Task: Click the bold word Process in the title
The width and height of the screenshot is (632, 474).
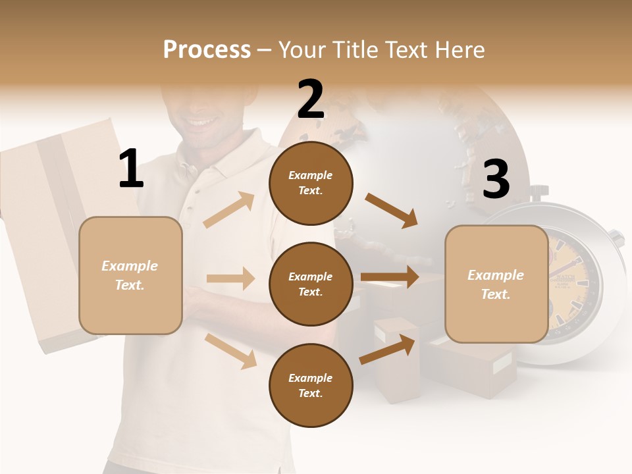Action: click(207, 49)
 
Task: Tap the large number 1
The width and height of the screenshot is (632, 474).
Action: click(131, 169)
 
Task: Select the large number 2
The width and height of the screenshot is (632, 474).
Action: click(311, 99)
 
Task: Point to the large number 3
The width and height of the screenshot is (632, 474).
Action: click(496, 179)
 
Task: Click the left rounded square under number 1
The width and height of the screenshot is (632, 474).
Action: click(130, 275)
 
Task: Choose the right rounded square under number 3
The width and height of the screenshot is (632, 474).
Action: click(496, 284)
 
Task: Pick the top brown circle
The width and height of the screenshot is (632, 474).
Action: click(311, 183)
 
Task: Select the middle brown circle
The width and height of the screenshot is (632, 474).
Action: click(311, 284)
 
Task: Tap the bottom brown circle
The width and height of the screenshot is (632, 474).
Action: click(311, 385)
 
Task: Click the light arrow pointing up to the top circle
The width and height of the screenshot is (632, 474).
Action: click(229, 210)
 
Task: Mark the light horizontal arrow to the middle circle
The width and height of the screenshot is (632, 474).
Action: click(230, 278)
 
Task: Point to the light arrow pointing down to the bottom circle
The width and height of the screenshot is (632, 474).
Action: click(230, 351)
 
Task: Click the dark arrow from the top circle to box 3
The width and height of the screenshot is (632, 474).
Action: click(391, 211)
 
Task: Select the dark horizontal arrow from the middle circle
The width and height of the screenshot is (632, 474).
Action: click(389, 277)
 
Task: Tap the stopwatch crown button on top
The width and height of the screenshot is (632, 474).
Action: click(538, 192)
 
